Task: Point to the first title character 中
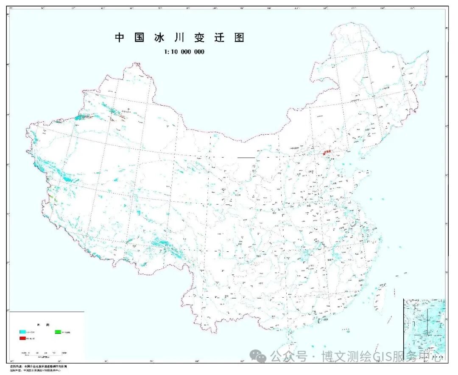click(120, 38)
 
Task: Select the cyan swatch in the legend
click(22, 331)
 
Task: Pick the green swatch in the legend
click(59, 331)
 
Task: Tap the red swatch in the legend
click(22, 338)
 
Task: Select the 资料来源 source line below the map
click(38, 366)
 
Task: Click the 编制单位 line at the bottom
click(38, 371)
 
